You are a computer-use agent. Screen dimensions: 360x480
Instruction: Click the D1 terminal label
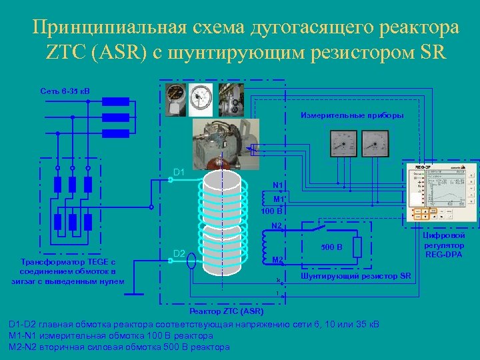point(179,173)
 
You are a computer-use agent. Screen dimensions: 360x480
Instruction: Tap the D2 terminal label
point(179,253)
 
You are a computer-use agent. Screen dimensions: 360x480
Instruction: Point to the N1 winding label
point(277,185)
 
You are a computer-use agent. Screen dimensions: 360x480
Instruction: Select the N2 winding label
point(277,226)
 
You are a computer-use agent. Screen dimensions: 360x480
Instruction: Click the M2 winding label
point(278,259)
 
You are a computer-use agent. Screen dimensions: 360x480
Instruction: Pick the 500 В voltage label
point(331,247)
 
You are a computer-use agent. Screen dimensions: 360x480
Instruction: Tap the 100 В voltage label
point(271,211)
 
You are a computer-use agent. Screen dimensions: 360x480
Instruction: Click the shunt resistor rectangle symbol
point(357,247)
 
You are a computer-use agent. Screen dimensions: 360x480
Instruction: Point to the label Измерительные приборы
point(352,115)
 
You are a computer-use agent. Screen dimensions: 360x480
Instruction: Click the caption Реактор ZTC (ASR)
point(227,311)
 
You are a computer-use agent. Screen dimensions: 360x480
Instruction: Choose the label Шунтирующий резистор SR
point(356,276)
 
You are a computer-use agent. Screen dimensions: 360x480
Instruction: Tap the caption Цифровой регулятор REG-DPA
point(445,245)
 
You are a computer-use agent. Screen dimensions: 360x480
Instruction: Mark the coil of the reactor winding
point(225,220)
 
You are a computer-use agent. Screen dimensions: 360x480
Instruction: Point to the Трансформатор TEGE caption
point(67,271)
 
